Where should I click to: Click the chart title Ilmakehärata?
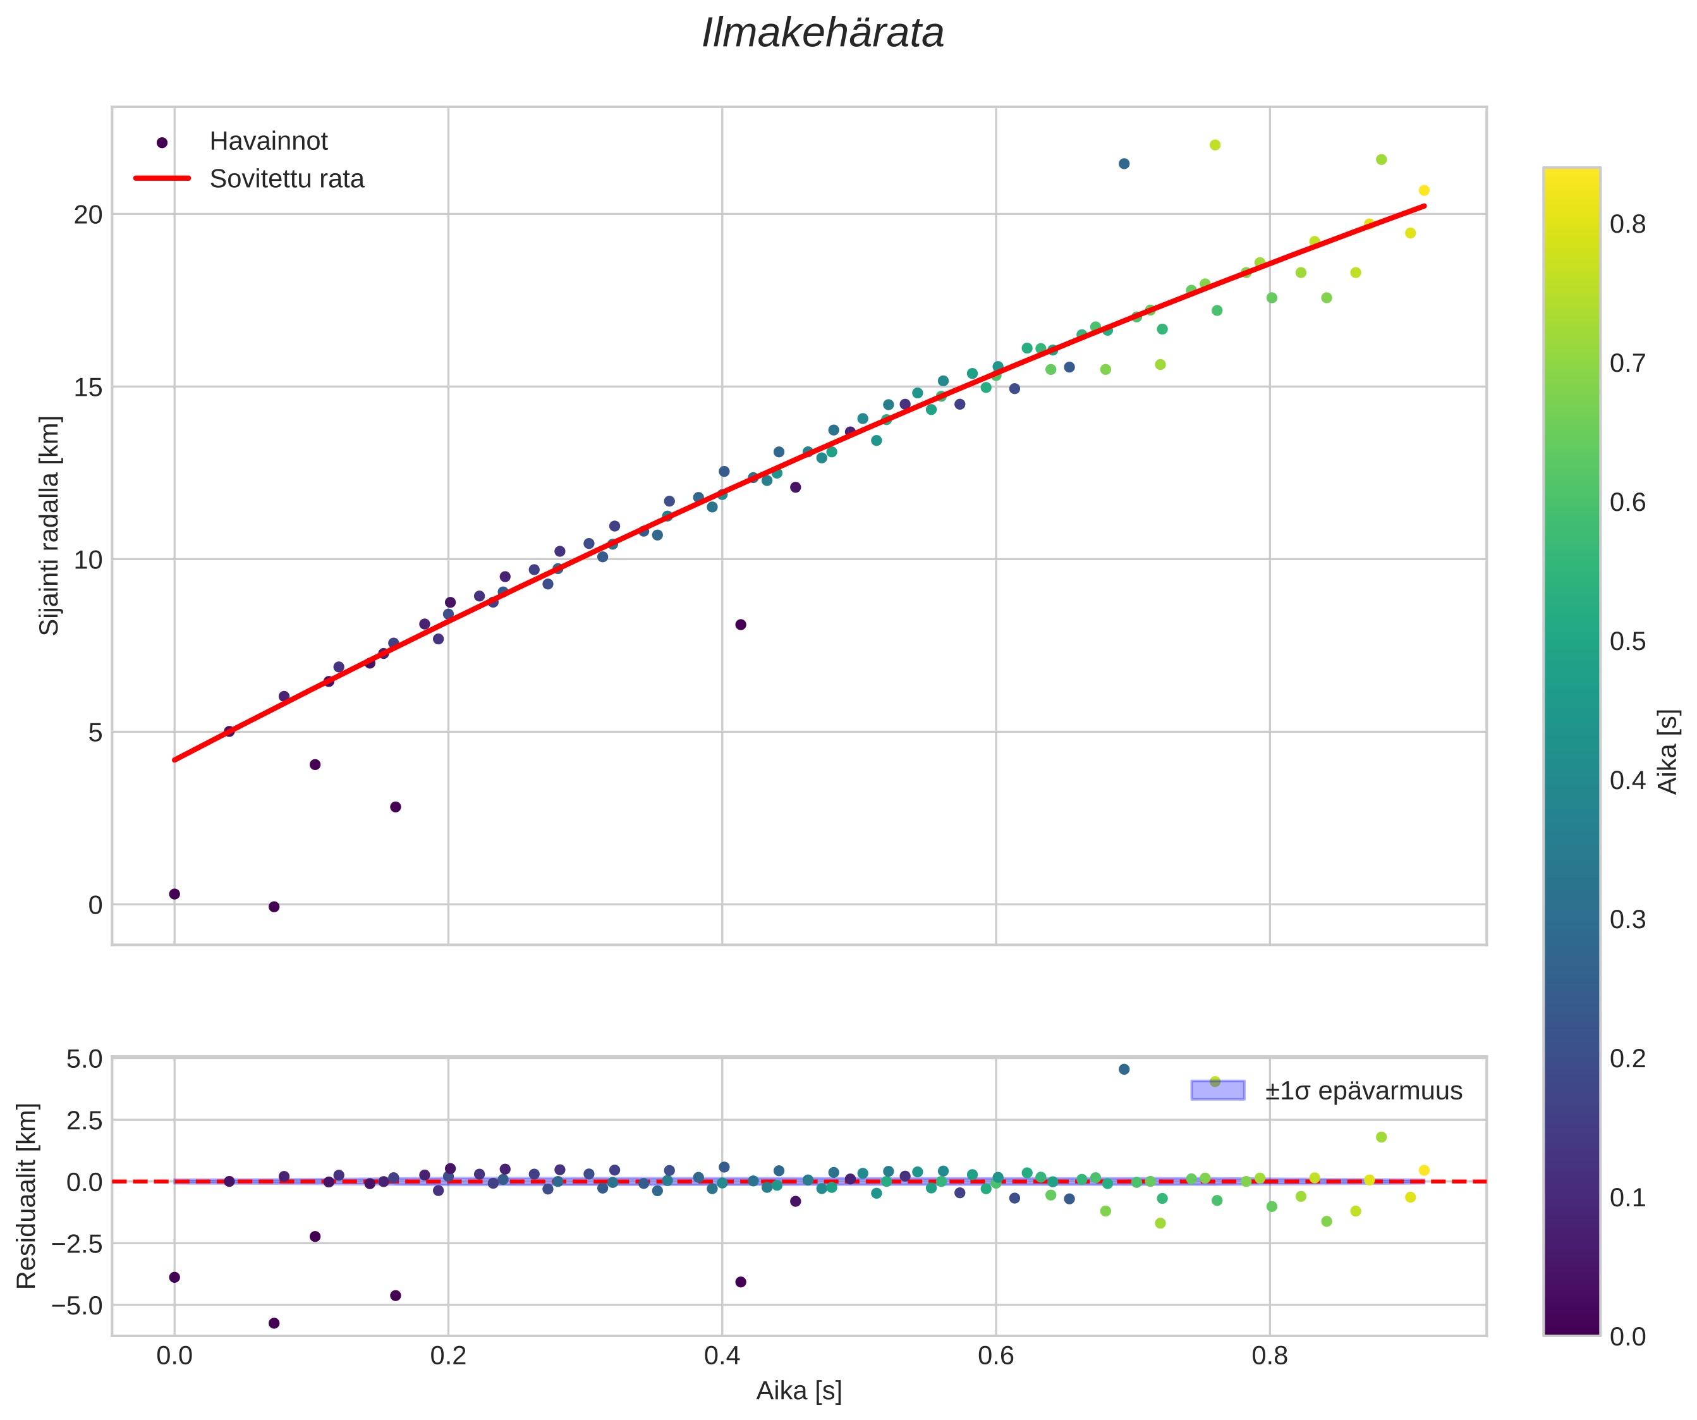point(823,34)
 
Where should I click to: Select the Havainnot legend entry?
point(268,142)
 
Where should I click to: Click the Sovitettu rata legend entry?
point(287,179)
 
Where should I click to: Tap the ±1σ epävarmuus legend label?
point(1363,1091)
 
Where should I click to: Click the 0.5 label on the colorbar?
point(1627,642)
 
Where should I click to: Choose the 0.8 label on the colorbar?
point(1627,224)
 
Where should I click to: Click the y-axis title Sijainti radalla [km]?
point(50,525)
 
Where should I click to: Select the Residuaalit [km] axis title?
point(27,1196)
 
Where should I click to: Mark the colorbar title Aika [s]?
point(1668,752)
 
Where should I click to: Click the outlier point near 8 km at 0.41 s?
point(740,625)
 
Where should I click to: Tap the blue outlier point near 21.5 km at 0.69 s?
point(1124,164)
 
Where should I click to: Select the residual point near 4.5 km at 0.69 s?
point(1124,1069)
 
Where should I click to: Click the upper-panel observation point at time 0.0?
point(174,894)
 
